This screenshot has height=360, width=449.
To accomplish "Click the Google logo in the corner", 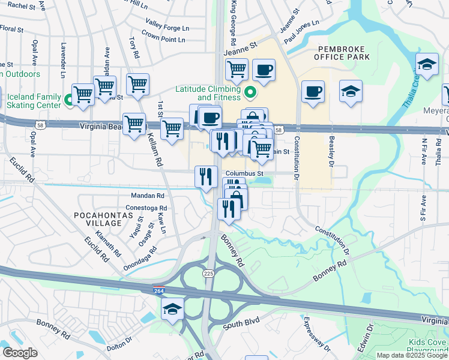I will tap(20, 353).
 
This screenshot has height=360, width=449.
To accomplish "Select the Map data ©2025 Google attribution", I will tap(412, 355).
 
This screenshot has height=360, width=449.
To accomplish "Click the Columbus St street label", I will tap(244, 173).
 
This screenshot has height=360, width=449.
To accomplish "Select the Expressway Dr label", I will tap(316, 334).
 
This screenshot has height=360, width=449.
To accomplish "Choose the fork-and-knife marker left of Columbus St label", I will tap(206, 176).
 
